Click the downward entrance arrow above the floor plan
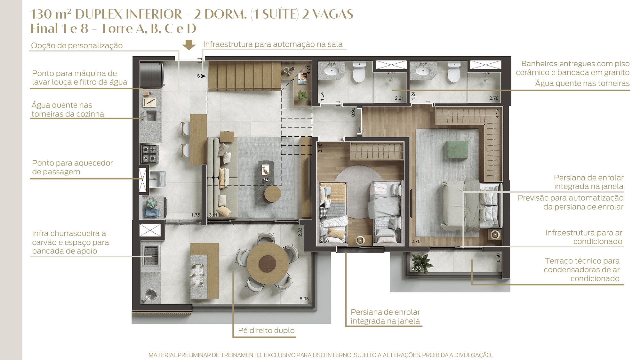[189, 45]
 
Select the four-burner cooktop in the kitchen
[150, 153]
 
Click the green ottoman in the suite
[457, 149]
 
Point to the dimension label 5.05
[304, 299]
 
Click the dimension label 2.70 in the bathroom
[494, 98]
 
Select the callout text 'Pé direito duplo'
[266, 331]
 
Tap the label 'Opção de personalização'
[77, 45]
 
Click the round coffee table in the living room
[272, 194]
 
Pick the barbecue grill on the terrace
[151, 255]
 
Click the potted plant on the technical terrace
[422, 263]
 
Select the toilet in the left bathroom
[359, 72]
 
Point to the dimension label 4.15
[497, 114]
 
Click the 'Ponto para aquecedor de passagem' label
[72, 167]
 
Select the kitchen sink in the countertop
[151, 116]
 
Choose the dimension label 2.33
[300, 232]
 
